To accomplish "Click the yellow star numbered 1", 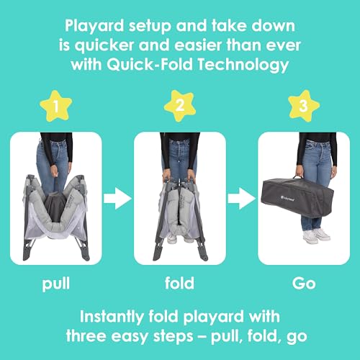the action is [x=56, y=106].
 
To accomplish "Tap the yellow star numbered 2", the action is [x=180, y=106].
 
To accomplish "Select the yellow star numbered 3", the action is [x=304, y=106].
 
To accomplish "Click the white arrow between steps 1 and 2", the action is [x=117, y=199].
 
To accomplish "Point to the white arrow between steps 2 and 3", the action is [x=242, y=199].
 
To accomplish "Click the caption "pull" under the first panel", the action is [x=56, y=284].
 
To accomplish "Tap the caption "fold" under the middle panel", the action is [x=179, y=283].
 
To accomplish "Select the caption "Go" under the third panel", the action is [x=304, y=283].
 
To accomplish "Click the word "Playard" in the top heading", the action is [x=94, y=26].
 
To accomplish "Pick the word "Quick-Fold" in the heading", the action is [x=150, y=64].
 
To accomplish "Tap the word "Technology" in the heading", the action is [x=243, y=66].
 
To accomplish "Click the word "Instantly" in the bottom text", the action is [x=111, y=317].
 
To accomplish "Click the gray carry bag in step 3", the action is [x=297, y=197].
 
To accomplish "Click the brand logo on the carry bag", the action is [x=287, y=198].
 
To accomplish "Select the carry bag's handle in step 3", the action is [x=298, y=177].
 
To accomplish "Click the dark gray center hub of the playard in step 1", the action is [x=55, y=207].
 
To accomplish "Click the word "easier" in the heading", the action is [x=197, y=45].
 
